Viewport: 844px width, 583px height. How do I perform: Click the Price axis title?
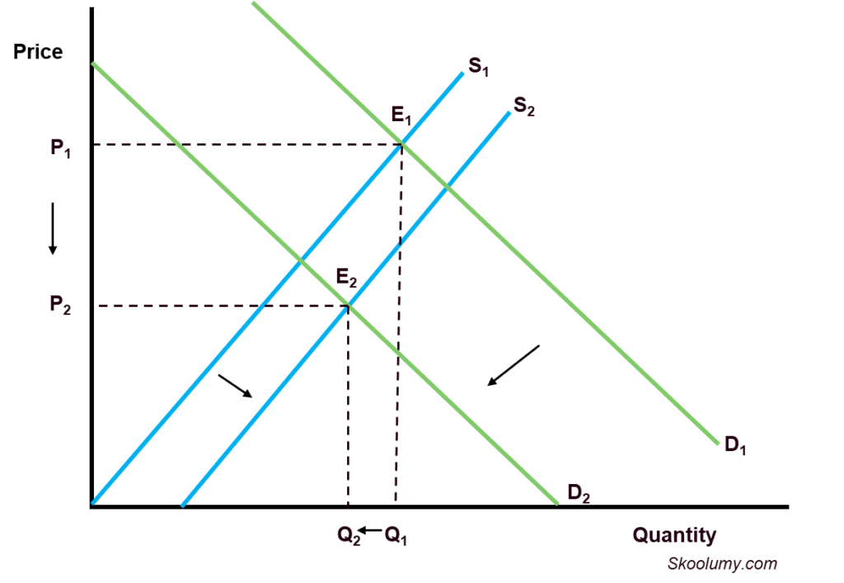click(x=38, y=52)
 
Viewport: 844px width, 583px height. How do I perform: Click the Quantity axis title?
click(x=674, y=535)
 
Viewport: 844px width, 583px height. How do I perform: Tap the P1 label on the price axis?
click(x=60, y=148)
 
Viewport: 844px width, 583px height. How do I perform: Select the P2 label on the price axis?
click(x=60, y=304)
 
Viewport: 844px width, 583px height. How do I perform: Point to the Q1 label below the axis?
click(x=396, y=536)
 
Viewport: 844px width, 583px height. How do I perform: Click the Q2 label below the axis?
click(x=349, y=536)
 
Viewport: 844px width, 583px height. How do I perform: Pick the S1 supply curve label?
click(x=479, y=67)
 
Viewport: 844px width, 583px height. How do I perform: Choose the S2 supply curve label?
click(x=524, y=106)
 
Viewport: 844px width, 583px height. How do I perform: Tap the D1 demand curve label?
click(x=735, y=445)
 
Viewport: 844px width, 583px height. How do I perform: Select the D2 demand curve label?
click(x=579, y=492)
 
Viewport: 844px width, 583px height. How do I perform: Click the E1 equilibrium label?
click(x=401, y=115)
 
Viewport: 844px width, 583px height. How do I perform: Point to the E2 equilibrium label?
click(x=346, y=278)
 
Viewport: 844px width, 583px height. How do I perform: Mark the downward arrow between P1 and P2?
click(x=53, y=228)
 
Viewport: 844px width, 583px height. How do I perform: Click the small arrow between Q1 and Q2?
click(x=371, y=531)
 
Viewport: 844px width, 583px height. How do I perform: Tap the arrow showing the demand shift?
click(x=513, y=365)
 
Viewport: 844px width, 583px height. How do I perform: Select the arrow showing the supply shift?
click(x=235, y=386)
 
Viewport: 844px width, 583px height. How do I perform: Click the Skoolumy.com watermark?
click(x=722, y=563)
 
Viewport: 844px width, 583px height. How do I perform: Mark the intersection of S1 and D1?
click(x=402, y=143)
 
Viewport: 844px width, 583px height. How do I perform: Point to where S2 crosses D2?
click(x=349, y=306)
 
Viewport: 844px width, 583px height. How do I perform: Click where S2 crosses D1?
click(x=447, y=187)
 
